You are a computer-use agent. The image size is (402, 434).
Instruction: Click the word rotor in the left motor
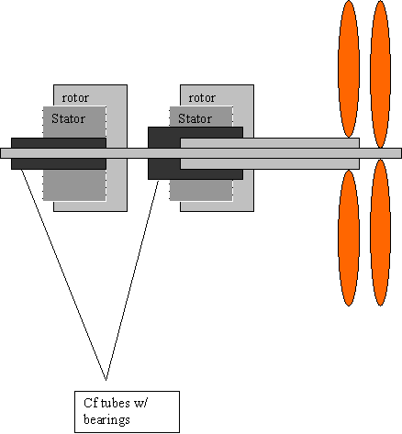point(75,98)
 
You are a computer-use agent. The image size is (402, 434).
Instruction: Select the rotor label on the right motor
point(202,98)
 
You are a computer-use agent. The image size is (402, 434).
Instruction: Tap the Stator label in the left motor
point(68,118)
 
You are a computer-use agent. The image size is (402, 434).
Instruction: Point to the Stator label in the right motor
point(195,118)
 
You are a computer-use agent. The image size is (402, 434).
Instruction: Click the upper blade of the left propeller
point(349,69)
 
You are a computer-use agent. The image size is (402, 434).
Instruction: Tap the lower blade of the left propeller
point(349,238)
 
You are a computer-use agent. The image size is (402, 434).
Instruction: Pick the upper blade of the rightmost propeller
point(380,74)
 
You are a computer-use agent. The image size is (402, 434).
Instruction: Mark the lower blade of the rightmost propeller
point(380,232)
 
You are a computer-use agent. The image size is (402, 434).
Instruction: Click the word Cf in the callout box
point(91,403)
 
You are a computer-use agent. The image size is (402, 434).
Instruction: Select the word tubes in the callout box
point(115,403)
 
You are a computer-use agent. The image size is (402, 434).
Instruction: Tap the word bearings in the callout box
point(106,420)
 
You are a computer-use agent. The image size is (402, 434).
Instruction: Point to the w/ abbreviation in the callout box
point(141,404)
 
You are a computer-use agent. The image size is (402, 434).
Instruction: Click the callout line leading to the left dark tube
point(63,275)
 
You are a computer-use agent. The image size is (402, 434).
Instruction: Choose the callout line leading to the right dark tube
point(132,281)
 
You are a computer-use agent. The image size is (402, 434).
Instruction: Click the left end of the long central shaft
point(1,153)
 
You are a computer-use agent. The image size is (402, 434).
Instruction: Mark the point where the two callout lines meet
point(106,381)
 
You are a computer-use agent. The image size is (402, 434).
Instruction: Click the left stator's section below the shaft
point(74,185)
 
